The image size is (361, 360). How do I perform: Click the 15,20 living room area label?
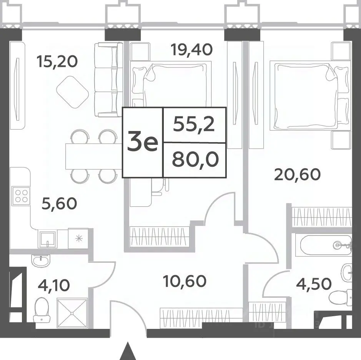(x=57, y=62)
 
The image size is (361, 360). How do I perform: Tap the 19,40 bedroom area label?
(x=191, y=50)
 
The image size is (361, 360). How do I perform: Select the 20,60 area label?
(x=298, y=174)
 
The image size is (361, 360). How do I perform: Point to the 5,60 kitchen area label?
(x=59, y=204)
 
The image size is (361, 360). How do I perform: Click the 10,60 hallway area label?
(x=185, y=281)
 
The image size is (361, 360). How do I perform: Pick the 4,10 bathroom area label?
(x=54, y=285)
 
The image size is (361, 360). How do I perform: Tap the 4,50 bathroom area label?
(x=314, y=284)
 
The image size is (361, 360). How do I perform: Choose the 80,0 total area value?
(x=195, y=160)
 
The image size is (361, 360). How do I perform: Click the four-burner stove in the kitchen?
(x=21, y=195)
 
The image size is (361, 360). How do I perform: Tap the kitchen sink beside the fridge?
(x=47, y=239)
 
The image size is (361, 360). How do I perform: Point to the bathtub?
(x=323, y=245)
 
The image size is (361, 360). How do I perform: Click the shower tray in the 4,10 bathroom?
(x=72, y=313)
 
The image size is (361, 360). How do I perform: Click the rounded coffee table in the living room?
(x=73, y=92)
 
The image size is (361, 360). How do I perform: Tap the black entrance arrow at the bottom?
(x=126, y=351)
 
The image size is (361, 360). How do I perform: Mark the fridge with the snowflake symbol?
(x=78, y=238)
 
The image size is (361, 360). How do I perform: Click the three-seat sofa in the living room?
(x=108, y=80)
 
